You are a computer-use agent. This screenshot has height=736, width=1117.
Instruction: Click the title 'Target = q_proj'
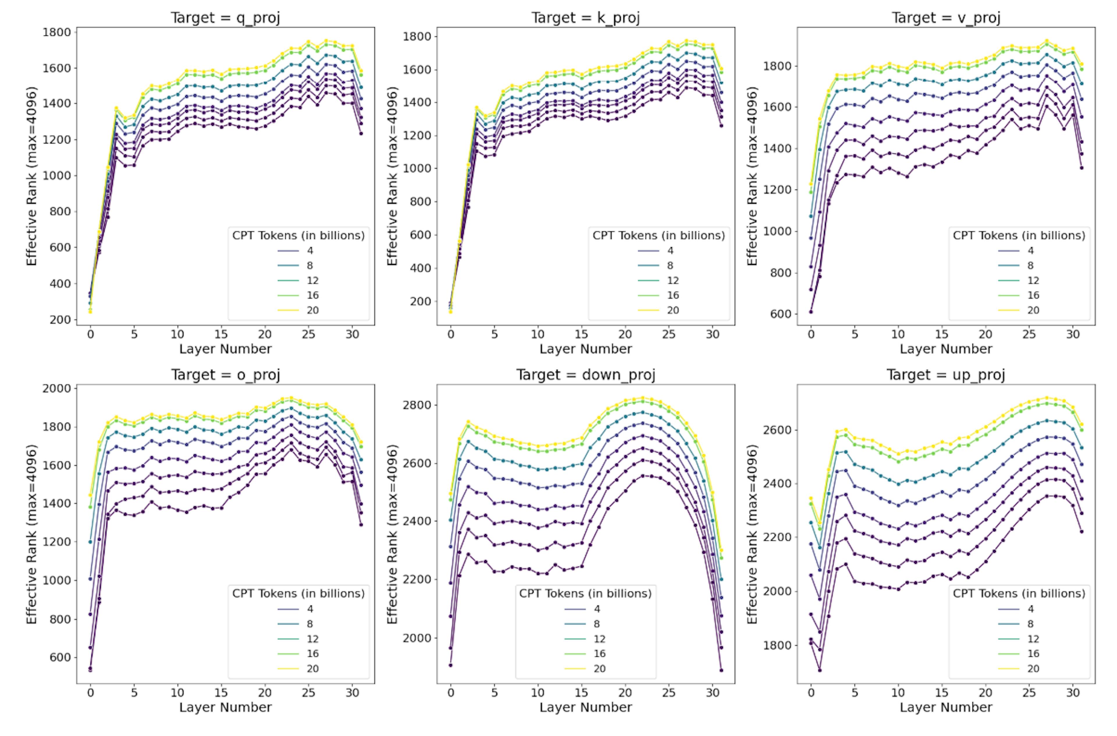pyautogui.click(x=225, y=18)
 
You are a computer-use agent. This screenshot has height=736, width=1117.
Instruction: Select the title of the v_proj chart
pyautogui.click(x=946, y=18)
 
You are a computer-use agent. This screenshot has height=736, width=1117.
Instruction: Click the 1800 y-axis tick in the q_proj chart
pyautogui.click(x=56, y=32)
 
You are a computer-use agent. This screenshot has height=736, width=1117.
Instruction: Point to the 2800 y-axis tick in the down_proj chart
pyautogui.click(x=417, y=405)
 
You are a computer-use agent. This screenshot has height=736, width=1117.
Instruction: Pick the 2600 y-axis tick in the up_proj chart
pyautogui.click(x=777, y=430)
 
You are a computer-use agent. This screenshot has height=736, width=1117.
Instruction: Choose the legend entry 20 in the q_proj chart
pyautogui.click(x=312, y=310)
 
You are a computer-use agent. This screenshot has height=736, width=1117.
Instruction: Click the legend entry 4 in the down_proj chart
pyautogui.click(x=597, y=609)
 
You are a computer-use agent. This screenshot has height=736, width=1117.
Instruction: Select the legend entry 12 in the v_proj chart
pyautogui.click(x=1033, y=280)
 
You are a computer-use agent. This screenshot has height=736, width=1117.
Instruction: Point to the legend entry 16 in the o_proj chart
pyautogui.click(x=312, y=653)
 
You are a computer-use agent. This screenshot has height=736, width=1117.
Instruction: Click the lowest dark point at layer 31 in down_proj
pyautogui.click(x=721, y=670)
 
